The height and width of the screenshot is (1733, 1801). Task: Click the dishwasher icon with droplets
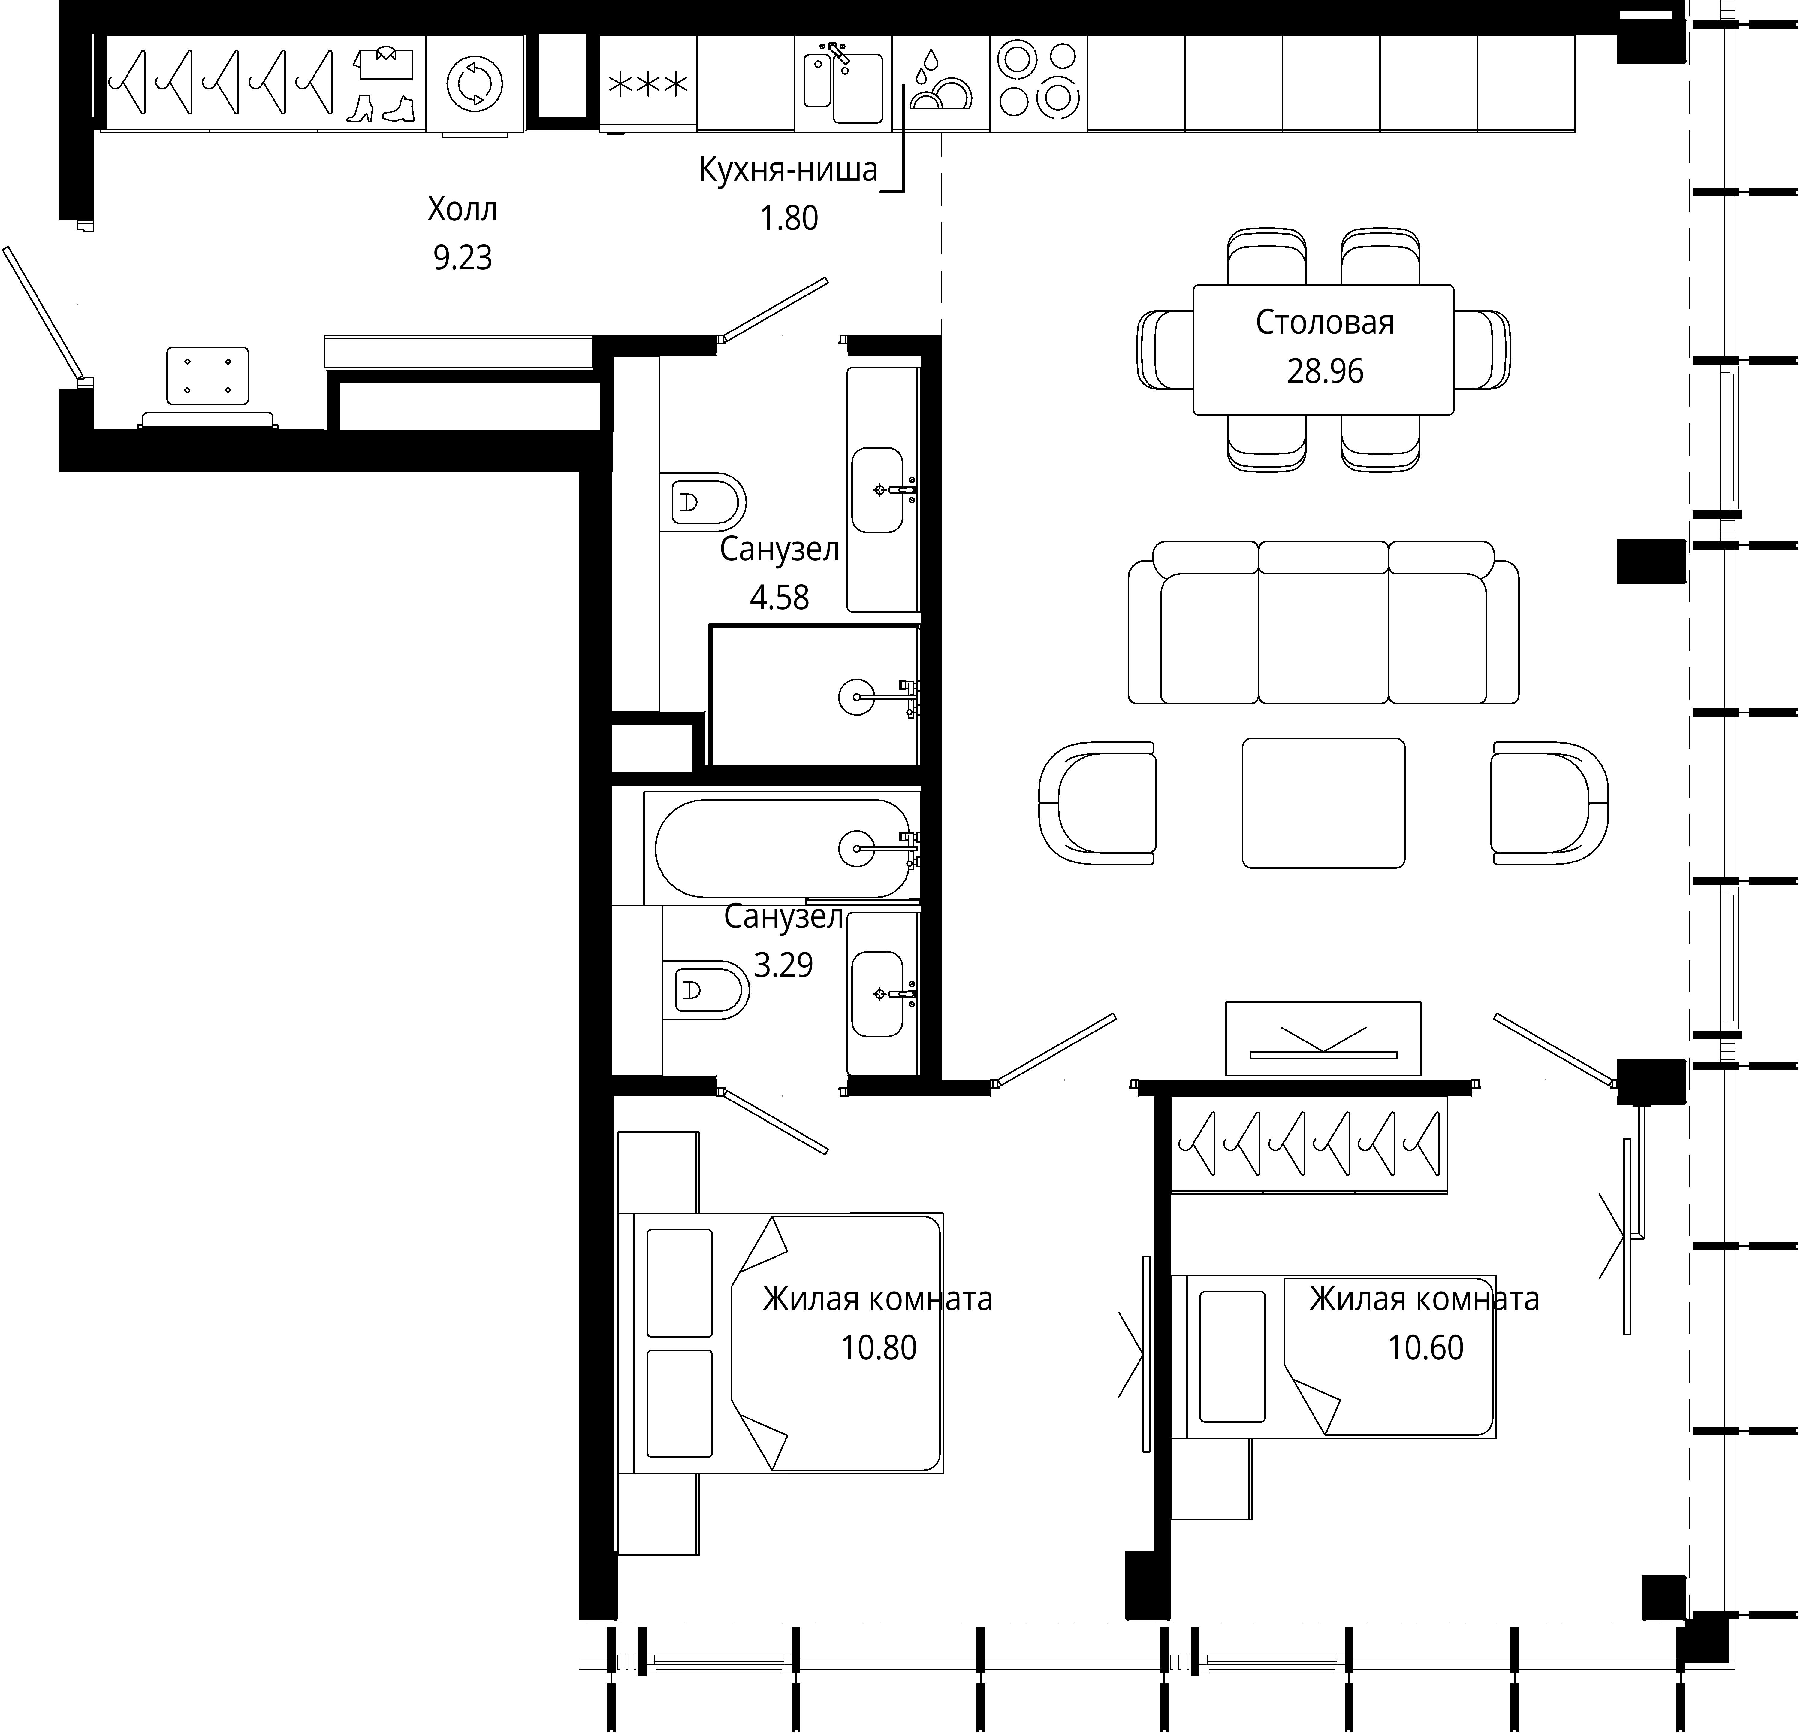[940, 81]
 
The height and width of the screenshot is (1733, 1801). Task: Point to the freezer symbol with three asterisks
[648, 85]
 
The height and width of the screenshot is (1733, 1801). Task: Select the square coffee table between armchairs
[1323, 803]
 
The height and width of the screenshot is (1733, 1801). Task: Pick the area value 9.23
[462, 257]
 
